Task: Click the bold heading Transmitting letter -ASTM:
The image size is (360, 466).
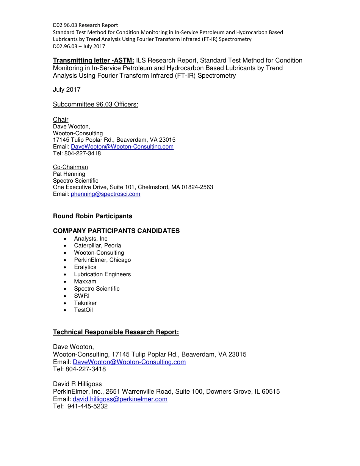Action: pyautogui.click(x=93, y=61)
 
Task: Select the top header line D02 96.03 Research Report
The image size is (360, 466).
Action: pyautogui.click(x=85, y=25)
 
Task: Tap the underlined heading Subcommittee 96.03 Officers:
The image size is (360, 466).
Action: pyautogui.click(x=95, y=104)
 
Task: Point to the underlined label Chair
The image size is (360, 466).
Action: pyautogui.click(x=61, y=120)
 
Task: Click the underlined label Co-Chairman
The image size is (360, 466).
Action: pyautogui.click(x=70, y=167)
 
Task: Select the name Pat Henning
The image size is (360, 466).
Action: pyautogui.click(x=69, y=174)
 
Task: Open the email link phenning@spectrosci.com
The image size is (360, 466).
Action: pyautogui.click(x=105, y=194)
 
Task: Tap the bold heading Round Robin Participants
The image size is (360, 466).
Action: pyautogui.click(x=92, y=216)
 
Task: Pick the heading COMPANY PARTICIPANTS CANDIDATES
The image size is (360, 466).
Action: pyautogui.click(x=116, y=231)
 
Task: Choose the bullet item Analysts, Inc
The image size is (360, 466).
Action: pyautogui.click(x=91, y=239)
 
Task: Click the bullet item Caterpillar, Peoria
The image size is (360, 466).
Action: pyautogui.click(x=97, y=246)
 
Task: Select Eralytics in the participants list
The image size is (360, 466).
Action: pyautogui.click(x=85, y=267)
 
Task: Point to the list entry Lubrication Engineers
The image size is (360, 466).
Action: pyautogui.click(x=102, y=274)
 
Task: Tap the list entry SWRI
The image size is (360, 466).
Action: pyautogui.click(x=82, y=296)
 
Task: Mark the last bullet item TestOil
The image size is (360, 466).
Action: pyautogui.click(x=83, y=310)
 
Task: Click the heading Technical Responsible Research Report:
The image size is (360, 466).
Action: pyautogui.click(x=116, y=332)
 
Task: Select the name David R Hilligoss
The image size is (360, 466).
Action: pyautogui.click(x=77, y=384)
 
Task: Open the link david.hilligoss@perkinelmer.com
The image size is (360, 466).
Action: pyautogui.click(x=120, y=399)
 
